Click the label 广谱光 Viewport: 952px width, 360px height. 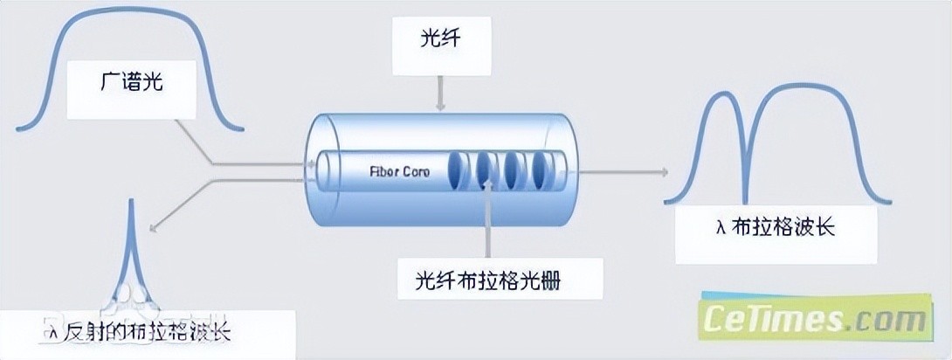(132, 85)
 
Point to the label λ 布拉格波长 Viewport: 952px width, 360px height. (775, 228)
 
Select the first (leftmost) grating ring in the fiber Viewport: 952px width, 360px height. (458, 171)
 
